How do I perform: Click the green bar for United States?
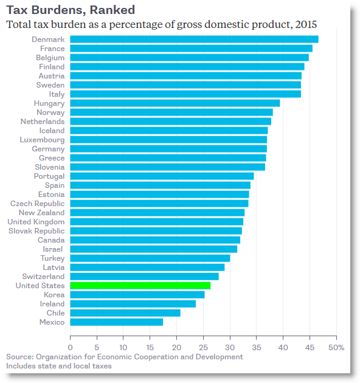pyautogui.click(x=140, y=285)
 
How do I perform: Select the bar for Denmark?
pyautogui.click(x=194, y=40)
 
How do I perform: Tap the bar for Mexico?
pyautogui.click(x=116, y=322)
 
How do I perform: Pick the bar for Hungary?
pyautogui.click(x=175, y=103)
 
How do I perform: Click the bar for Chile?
pyautogui.click(x=125, y=312)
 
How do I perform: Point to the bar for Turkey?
pyautogui.click(x=150, y=258)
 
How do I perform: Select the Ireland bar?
pyautogui.click(x=133, y=303)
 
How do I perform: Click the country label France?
pyautogui.click(x=52, y=49)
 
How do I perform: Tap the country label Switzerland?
pyautogui.click(x=44, y=276)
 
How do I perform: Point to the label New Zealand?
pyautogui.click(x=41, y=213)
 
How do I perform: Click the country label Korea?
pyautogui.click(x=54, y=294)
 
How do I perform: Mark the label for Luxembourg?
pyautogui.click(x=41, y=140)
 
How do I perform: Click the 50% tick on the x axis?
pyautogui.click(x=336, y=347)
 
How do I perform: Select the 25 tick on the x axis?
pyautogui.click(x=203, y=347)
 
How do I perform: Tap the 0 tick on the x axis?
pyautogui.click(x=71, y=347)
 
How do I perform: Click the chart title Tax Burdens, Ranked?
pyautogui.click(x=71, y=10)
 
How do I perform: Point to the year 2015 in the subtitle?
pyautogui.click(x=305, y=24)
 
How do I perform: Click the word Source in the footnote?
pyautogui.click(x=19, y=357)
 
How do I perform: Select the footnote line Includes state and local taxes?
pyautogui.click(x=59, y=366)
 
